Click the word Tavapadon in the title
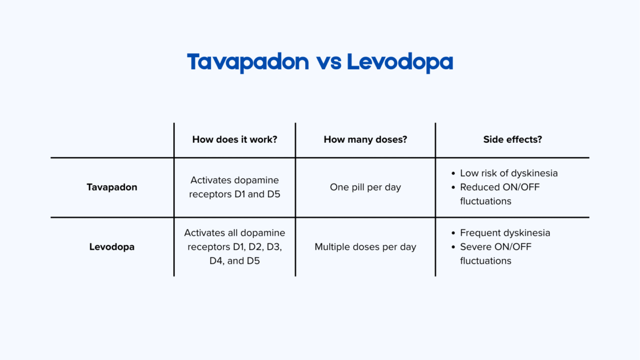pyautogui.click(x=247, y=62)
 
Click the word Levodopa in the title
pyautogui.click(x=399, y=62)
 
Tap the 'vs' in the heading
pyautogui.click(x=327, y=63)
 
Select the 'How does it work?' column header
pyautogui.click(x=235, y=139)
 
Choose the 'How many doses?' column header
pyautogui.click(x=365, y=139)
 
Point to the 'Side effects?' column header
pyautogui.click(x=513, y=139)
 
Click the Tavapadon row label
pyautogui.click(x=112, y=187)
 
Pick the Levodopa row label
pyautogui.click(x=112, y=247)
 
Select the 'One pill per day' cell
pyautogui.click(x=365, y=187)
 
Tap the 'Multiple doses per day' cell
pyautogui.click(x=365, y=247)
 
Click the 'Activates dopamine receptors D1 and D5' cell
pyautogui.click(x=235, y=187)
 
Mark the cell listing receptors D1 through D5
pyautogui.click(x=235, y=247)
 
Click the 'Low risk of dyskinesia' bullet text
pyautogui.click(x=509, y=173)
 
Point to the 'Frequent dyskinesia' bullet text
pyautogui.click(x=505, y=233)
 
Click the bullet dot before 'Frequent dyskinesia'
pyautogui.click(x=453, y=233)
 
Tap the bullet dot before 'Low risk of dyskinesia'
pyautogui.click(x=453, y=173)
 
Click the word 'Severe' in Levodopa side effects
pyautogui.click(x=474, y=247)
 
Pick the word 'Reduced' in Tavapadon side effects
pyautogui.click(x=478, y=187)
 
